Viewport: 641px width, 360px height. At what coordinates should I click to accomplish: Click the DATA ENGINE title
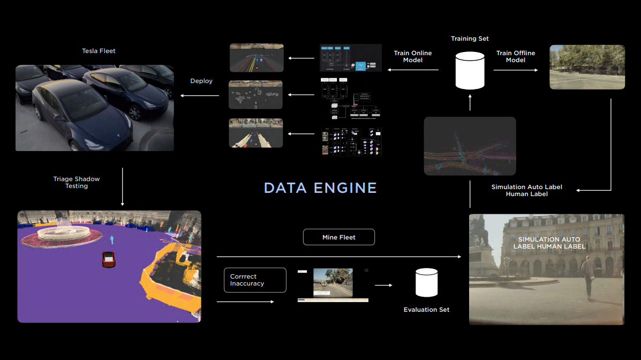tap(320, 188)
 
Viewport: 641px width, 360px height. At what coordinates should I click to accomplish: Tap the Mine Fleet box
tap(339, 237)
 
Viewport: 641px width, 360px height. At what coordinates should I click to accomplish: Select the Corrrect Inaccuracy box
tap(255, 280)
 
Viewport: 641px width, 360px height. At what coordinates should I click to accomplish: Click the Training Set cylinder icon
tap(470, 70)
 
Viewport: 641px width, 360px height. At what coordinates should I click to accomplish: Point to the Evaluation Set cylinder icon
tap(426, 283)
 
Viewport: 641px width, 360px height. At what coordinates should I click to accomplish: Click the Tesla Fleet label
tap(99, 51)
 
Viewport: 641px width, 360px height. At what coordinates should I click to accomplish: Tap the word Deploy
tap(201, 81)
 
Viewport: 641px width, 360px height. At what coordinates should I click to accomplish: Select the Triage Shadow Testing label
tap(77, 182)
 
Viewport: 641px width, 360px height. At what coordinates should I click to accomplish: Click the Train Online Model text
tap(412, 57)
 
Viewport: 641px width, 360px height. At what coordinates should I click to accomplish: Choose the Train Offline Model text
tap(515, 57)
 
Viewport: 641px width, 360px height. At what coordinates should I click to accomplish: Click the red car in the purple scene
tap(109, 259)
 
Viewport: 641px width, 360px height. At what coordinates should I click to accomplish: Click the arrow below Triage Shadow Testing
tap(123, 187)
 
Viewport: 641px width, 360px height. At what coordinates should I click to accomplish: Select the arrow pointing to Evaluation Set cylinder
tap(383, 286)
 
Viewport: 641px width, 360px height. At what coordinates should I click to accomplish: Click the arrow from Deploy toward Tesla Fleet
tap(199, 96)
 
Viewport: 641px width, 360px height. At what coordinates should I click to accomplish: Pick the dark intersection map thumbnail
tap(470, 146)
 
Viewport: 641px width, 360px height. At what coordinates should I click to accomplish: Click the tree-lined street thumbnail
tap(587, 67)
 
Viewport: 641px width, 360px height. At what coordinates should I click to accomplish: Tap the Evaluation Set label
tap(426, 310)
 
